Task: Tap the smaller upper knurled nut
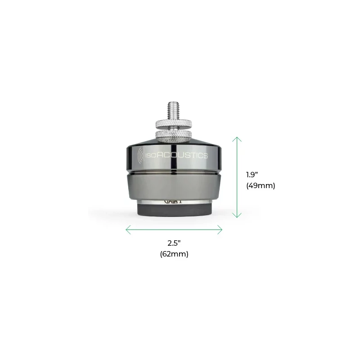pyautogui.click(x=174, y=124)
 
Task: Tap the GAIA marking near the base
pyautogui.click(x=174, y=203)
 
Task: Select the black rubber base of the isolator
pyautogui.click(x=174, y=212)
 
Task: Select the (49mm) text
pyautogui.click(x=261, y=185)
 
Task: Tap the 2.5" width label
pyautogui.click(x=174, y=243)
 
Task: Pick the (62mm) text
pyautogui.click(x=174, y=254)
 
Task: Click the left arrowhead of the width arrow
pyautogui.click(x=127, y=230)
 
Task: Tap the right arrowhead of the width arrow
pyautogui.click(x=220, y=230)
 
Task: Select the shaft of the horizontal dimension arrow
pyautogui.click(x=174, y=230)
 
